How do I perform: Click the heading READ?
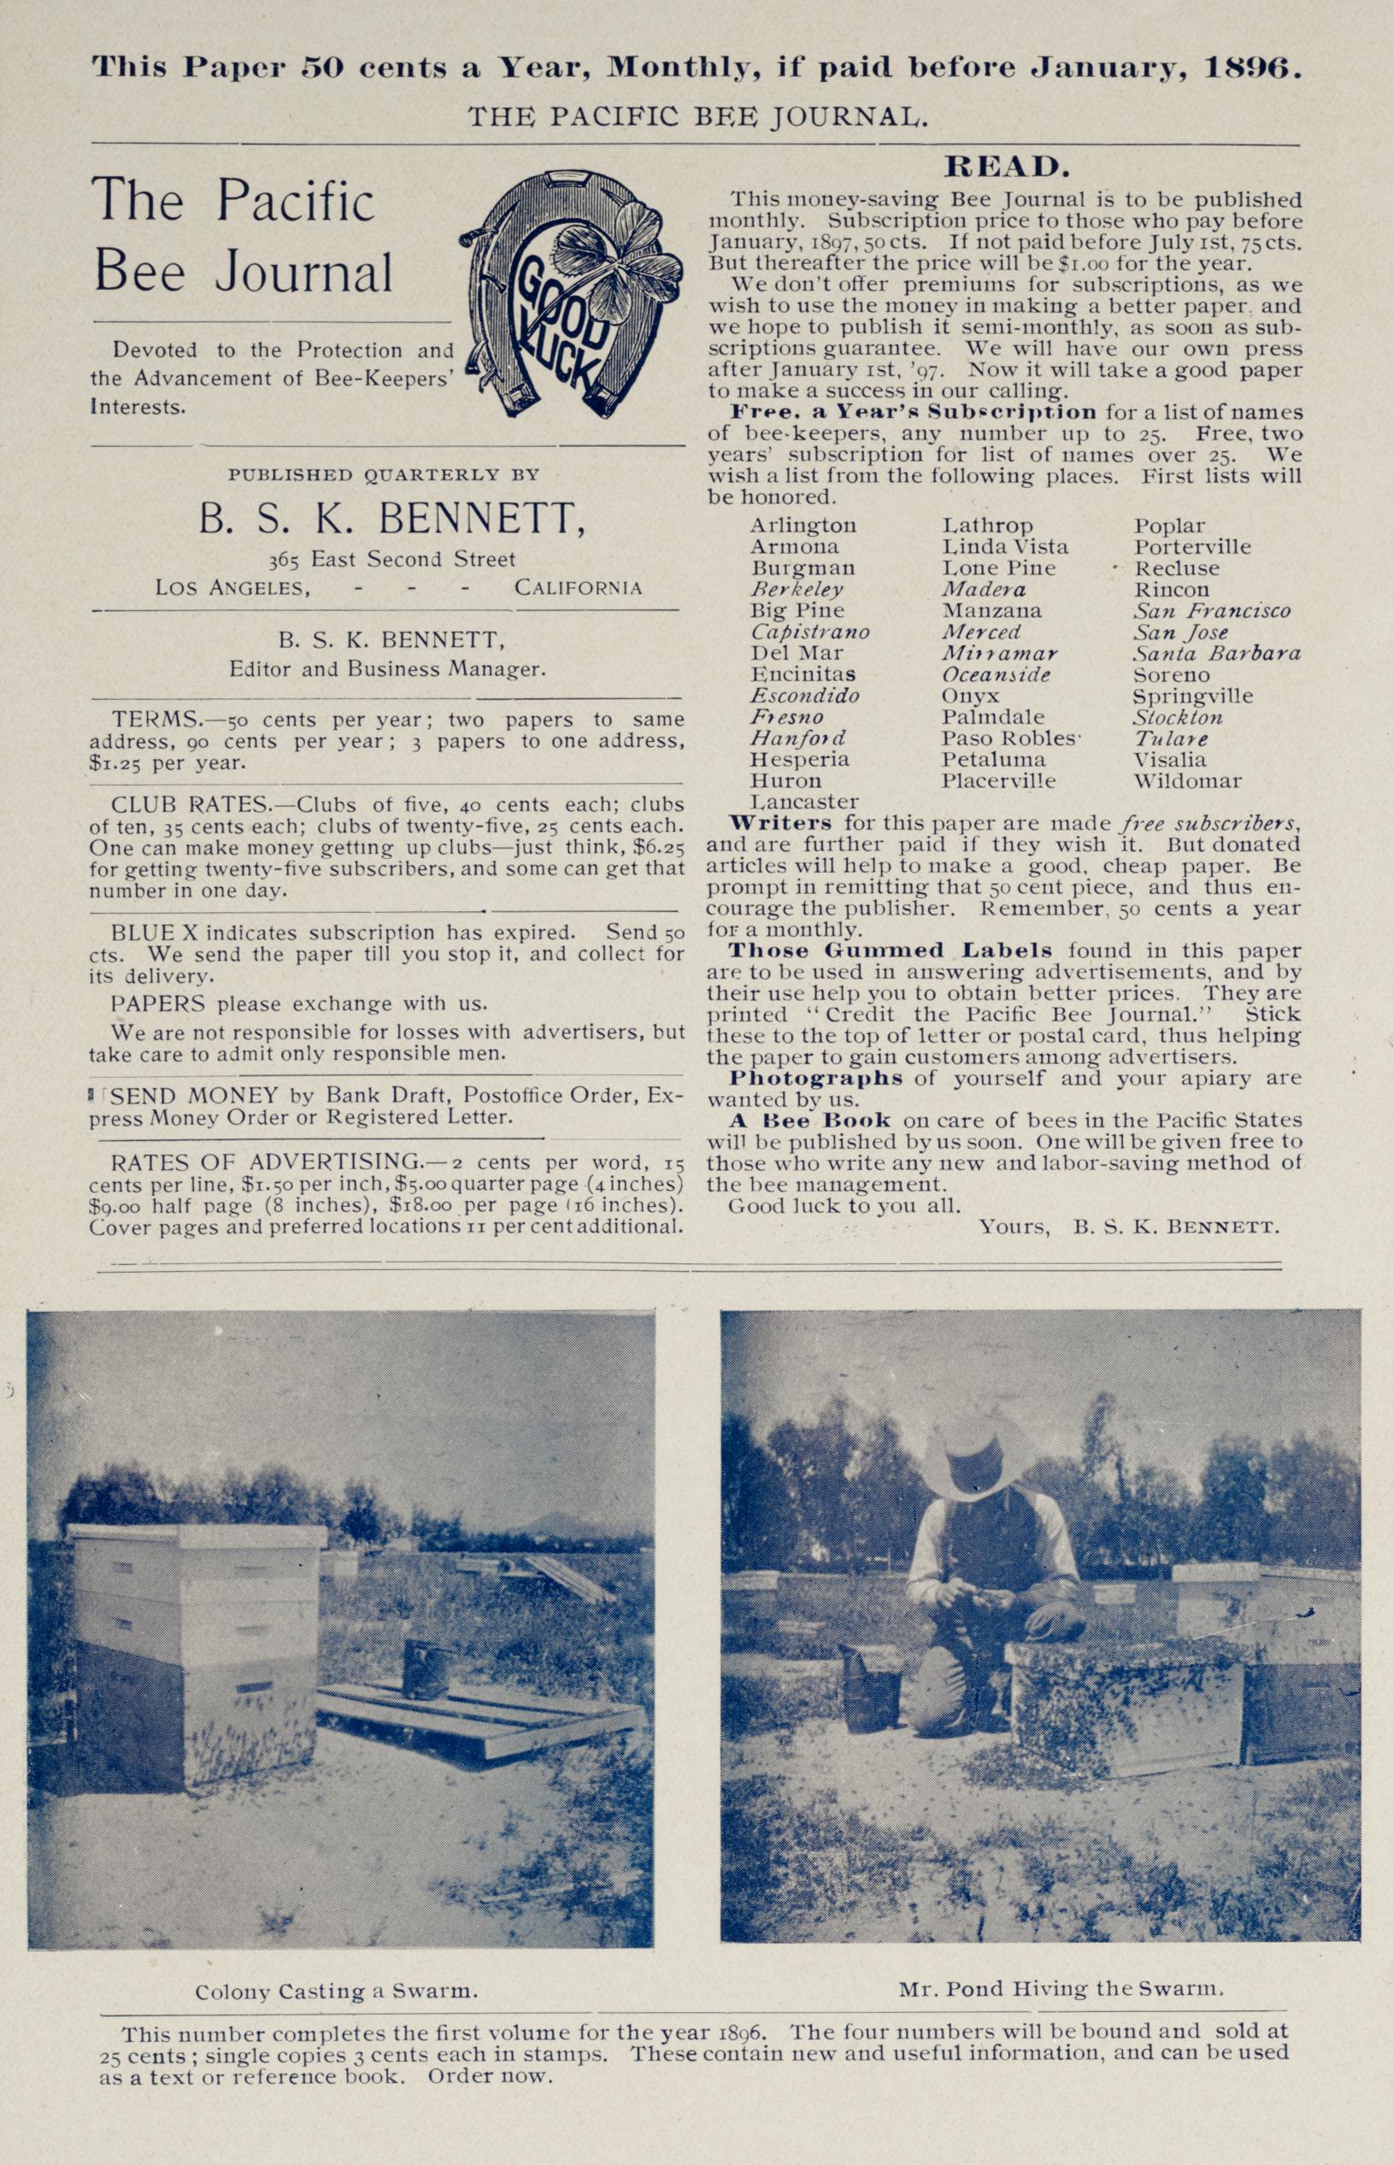point(1007,168)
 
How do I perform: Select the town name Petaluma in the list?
point(992,759)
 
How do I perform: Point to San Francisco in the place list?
point(1212,610)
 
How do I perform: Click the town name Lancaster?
point(804,802)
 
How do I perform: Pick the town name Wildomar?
point(1188,780)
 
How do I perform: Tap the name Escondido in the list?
point(804,696)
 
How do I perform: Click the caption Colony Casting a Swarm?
point(337,1991)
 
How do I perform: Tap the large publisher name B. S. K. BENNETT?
point(391,519)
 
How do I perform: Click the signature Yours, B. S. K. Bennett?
point(1128,1227)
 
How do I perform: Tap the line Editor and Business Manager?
point(387,669)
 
